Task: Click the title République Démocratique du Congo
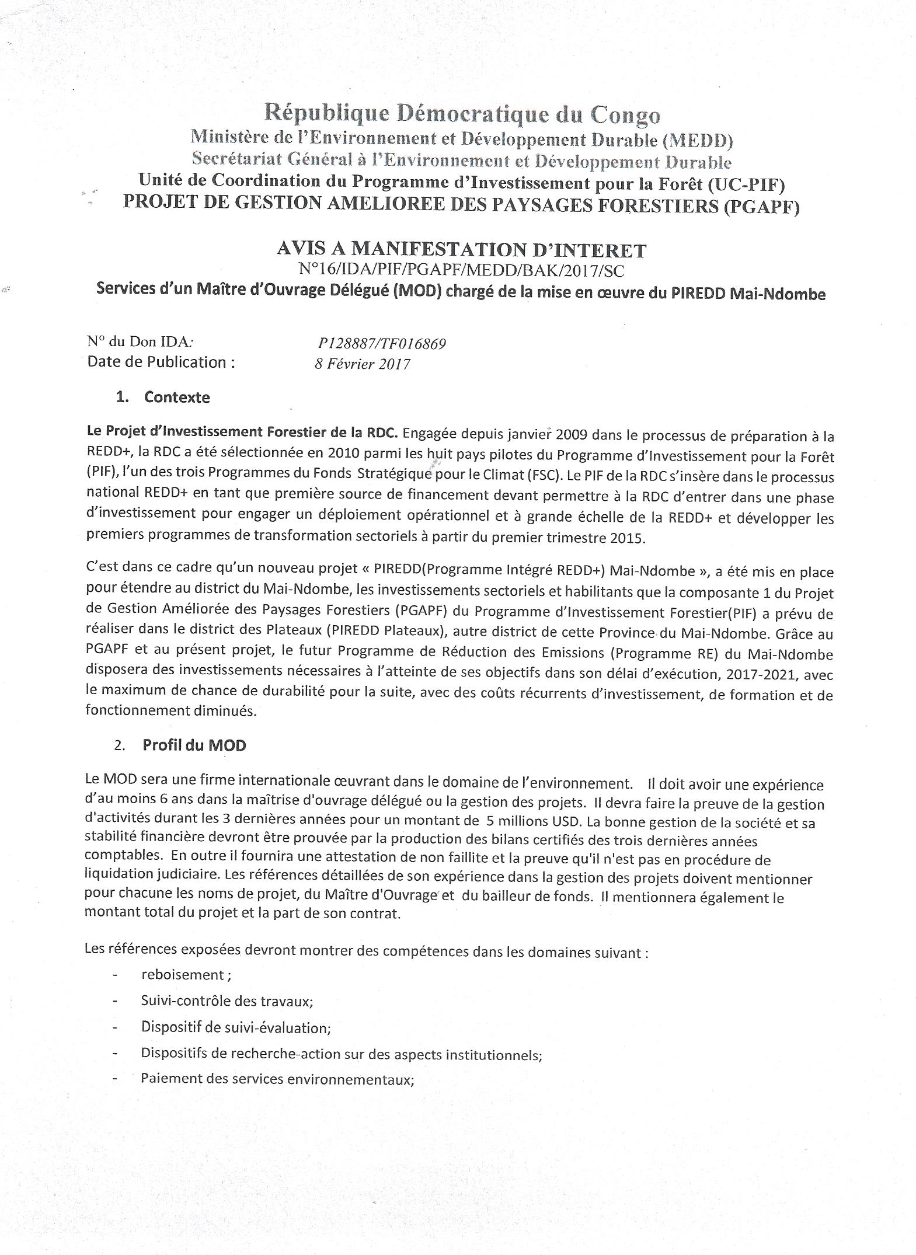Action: (462, 114)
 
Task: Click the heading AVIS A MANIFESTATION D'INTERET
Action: (461, 250)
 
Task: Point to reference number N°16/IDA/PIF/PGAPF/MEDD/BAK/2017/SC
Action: (461, 270)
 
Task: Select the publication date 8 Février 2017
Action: (362, 364)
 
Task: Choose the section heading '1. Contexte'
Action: (163, 397)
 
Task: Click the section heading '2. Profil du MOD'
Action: (180, 745)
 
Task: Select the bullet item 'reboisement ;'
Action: (177, 974)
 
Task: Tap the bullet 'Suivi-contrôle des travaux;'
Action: (227, 1000)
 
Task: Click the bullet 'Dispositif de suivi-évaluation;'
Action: (236, 1027)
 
